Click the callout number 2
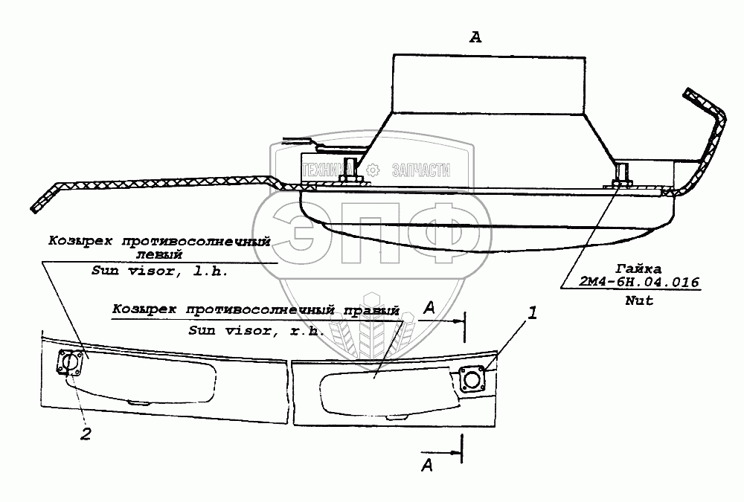pos(86,434)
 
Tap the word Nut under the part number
pos(639,300)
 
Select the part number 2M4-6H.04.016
pos(639,282)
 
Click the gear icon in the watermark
pos(374,169)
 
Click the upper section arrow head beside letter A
pos(456,322)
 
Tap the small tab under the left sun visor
pos(138,402)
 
